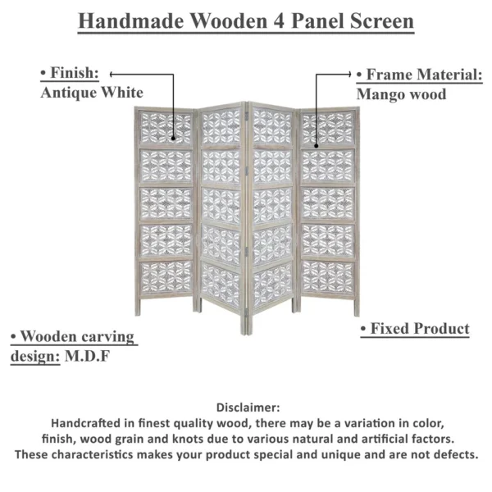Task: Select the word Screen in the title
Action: (x=377, y=21)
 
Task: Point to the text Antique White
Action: (x=92, y=93)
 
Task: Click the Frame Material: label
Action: (x=419, y=75)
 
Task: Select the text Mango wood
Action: (x=402, y=94)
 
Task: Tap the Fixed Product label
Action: (x=416, y=329)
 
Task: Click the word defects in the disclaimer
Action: (x=456, y=453)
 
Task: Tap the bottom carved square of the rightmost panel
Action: (x=327, y=275)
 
